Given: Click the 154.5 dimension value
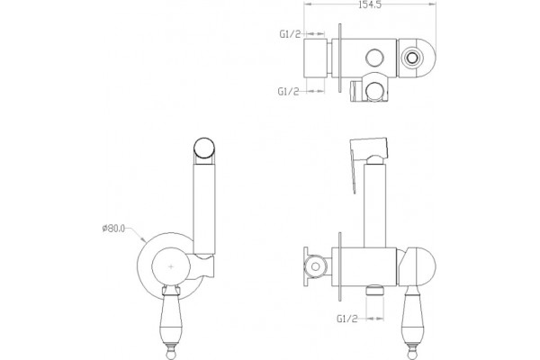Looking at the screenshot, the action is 370,4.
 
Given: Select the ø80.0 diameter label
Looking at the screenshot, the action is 114,229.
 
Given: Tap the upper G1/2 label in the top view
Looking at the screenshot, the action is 290,34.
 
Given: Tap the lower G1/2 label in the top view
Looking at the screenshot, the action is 288,91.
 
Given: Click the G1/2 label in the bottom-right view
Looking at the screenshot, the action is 347,319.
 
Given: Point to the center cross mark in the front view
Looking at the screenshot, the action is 171,266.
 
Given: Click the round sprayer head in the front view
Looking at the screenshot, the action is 204,148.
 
